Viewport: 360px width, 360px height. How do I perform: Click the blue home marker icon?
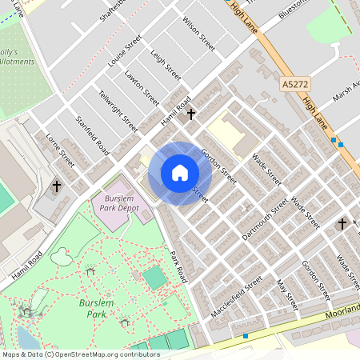[x=180, y=173]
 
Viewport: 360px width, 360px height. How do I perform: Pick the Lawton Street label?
[x=142, y=89]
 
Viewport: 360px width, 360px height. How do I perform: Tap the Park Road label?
[x=178, y=266]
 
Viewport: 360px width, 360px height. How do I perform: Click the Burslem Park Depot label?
[x=122, y=203]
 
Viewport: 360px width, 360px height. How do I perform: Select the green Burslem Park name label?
[x=102, y=309]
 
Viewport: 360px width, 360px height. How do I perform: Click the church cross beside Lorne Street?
[x=56, y=186]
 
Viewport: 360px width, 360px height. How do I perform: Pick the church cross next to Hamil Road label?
[x=190, y=114]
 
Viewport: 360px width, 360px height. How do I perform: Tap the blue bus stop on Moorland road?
[x=246, y=335]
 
